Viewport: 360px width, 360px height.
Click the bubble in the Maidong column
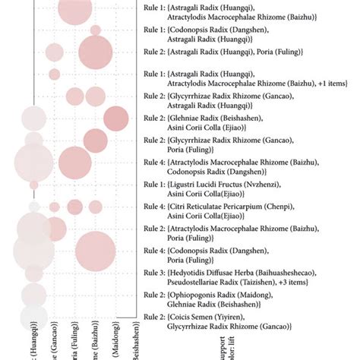coord(116,118)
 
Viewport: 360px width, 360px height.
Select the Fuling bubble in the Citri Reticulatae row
coord(75,207)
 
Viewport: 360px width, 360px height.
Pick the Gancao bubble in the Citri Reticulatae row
coord(55,207)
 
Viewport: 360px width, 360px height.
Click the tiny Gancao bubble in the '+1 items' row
coord(55,74)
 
